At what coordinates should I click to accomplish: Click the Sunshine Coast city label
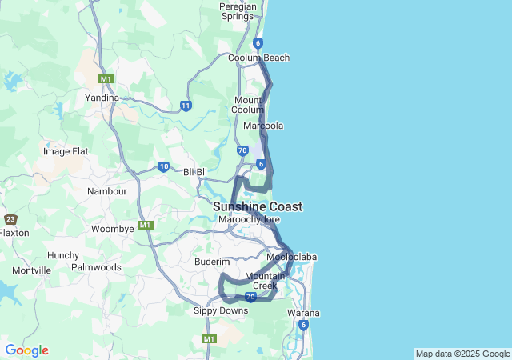coord(258,206)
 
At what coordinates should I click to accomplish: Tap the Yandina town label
coord(102,98)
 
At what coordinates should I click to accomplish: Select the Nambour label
coord(107,192)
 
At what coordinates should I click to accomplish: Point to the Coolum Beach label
coord(258,58)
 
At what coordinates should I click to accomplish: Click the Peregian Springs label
coord(237,10)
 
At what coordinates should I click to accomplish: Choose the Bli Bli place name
coord(195,172)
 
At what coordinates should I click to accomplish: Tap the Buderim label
coord(212,262)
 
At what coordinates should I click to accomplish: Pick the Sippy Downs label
coord(221,310)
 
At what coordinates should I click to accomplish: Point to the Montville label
coord(32,271)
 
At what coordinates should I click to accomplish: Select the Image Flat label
coord(66,151)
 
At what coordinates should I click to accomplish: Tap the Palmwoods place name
coord(96,267)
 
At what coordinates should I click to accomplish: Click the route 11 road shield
coord(186,106)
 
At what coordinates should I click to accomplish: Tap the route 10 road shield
coord(163,166)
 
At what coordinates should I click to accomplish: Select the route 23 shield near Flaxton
coord(10,219)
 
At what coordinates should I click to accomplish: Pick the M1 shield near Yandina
coord(106,79)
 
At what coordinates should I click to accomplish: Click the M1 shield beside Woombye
coord(145,225)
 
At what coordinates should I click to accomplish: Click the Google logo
coord(26,350)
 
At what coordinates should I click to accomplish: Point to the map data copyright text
coord(462,354)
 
